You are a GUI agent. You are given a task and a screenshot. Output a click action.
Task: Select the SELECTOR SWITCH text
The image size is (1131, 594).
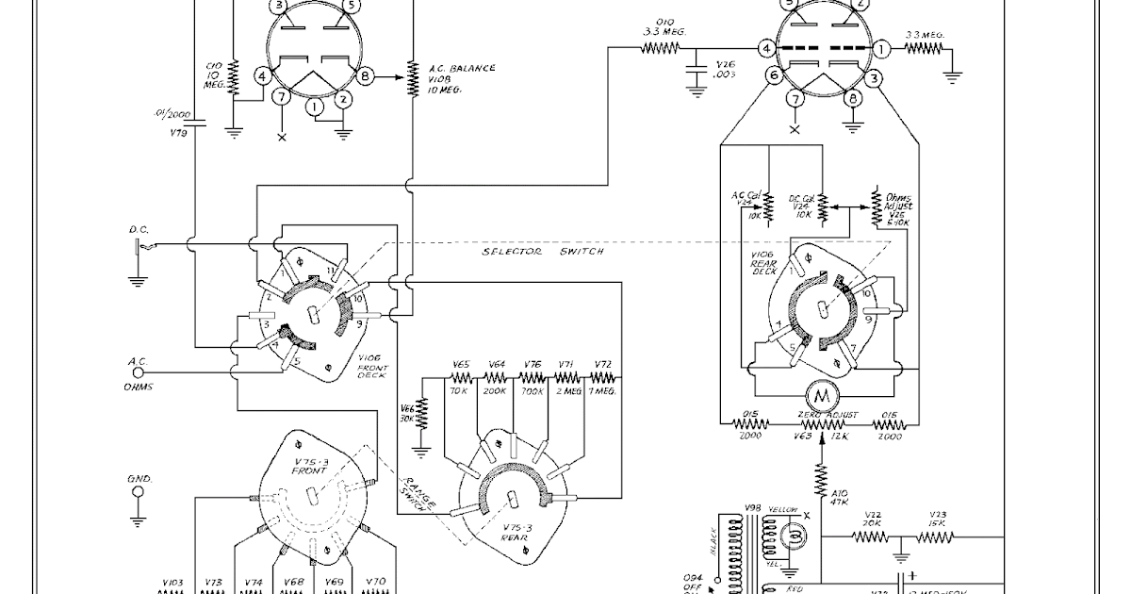tap(542, 252)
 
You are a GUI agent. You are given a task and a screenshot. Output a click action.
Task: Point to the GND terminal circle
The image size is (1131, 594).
tap(139, 491)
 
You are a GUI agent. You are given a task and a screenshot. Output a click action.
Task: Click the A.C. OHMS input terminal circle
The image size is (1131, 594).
tap(138, 372)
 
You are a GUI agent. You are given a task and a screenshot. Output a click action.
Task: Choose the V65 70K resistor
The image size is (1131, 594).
tap(462, 379)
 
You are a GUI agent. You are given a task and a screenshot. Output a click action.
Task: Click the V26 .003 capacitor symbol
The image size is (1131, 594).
tap(697, 72)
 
